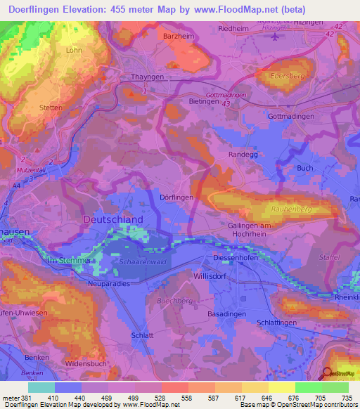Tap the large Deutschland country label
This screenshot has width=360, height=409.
click(x=112, y=219)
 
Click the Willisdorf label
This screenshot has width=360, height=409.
click(x=210, y=277)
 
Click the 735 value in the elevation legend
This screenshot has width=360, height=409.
click(x=346, y=397)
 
